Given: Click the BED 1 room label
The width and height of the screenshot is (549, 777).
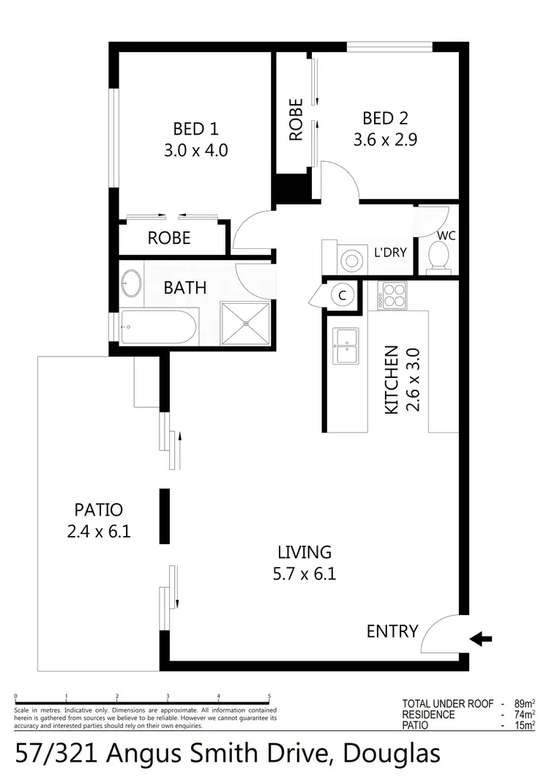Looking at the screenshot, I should pyautogui.click(x=195, y=129).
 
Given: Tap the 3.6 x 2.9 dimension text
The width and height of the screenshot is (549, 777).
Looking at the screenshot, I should pyautogui.click(x=385, y=140).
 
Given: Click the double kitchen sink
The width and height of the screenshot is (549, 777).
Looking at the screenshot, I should pyautogui.click(x=346, y=346).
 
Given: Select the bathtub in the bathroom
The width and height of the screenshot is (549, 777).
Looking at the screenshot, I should pyautogui.click(x=160, y=327).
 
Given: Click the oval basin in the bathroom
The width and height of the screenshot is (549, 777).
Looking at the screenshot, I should pyautogui.click(x=132, y=283).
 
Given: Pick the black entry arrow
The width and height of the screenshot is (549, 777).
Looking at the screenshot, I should pyautogui.click(x=480, y=639).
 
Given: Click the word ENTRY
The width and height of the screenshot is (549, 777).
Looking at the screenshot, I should pyautogui.click(x=392, y=631).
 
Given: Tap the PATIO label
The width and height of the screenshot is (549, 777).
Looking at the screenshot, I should pyautogui.click(x=98, y=509).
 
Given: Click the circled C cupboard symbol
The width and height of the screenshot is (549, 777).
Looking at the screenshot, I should pyautogui.click(x=341, y=295).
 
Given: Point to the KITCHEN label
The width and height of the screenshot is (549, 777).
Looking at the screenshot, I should pyautogui.click(x=392, y=379).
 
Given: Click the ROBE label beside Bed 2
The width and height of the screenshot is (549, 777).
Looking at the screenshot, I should pyautogui.click(x=296, y=120).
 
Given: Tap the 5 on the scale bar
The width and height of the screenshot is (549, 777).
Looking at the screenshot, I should pyautogui.click(x=269, y=697).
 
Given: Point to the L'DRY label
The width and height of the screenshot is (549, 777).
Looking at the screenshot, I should pyautogui.click(x=390, y=253).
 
